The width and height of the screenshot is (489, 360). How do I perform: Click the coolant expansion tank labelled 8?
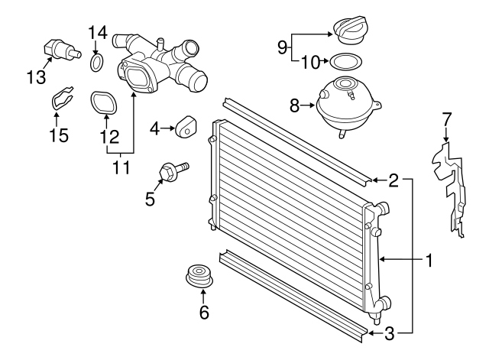tap(345, 105)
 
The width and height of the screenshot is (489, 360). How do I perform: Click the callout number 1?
tap(429, 261)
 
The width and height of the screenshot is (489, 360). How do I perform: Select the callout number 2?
tap(393, 180)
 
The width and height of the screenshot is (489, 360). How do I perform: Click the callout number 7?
tap(447, 120)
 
